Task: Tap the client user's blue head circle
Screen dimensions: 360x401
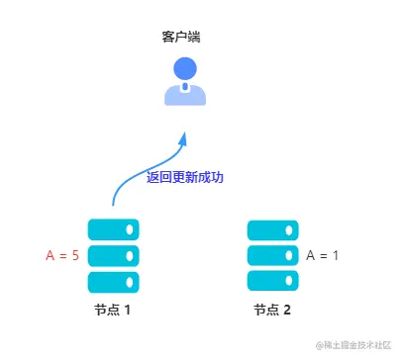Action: [184, 69]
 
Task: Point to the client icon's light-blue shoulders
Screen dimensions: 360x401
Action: [184, 96]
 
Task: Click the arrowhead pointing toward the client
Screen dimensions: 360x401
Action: [182, 140]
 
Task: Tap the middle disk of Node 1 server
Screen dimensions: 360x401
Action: [113, 255]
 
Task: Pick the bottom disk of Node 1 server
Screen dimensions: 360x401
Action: [113, 280]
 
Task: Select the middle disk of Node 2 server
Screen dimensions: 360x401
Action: [271, 255]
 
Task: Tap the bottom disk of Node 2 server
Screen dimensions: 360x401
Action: [271, 280]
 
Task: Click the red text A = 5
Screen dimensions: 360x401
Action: [62, 255]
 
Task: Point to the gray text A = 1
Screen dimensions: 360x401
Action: [323, 255]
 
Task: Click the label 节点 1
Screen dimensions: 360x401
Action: [113, 311]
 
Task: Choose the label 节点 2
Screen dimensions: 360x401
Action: [271, 311]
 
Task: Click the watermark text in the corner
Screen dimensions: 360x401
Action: [353, 346]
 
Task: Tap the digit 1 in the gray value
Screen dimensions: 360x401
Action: [335, 255]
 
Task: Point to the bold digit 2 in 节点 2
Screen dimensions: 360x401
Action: [287, 311]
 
